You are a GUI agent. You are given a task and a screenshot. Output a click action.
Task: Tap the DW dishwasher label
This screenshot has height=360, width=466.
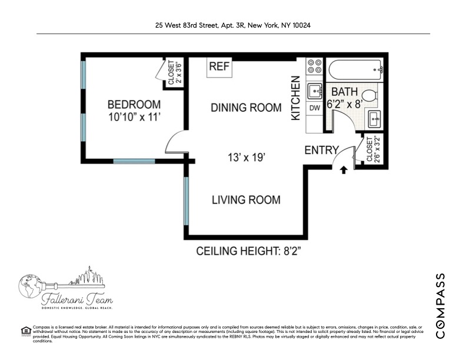pyautogui.click(x=314, y=108)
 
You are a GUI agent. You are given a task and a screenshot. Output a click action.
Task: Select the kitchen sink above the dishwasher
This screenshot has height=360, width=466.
pyautogui.click(x=314, y=90)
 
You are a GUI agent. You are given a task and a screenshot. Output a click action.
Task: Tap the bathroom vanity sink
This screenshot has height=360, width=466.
pyautogui.click(x=375, y=119)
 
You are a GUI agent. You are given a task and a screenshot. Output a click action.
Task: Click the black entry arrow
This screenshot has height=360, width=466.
pyautogui.click(x=344, y=169)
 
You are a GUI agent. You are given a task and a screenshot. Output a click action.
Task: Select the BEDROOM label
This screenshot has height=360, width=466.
pyautogui.click(x=134, y=105)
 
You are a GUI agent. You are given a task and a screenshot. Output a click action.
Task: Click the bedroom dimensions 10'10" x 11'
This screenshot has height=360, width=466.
pyautogui.click(x=135, y=117)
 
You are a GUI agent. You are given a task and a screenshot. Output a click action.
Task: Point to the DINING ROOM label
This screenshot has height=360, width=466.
pyautogui.click(x=247, y=108)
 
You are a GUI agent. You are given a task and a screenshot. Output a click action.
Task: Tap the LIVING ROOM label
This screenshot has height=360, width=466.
pyautogui.click(x=246, y=200)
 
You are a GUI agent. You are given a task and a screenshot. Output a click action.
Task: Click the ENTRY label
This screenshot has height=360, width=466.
pyautogui.click(x=321, y=151)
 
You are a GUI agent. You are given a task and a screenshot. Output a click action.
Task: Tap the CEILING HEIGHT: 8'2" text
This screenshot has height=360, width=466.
pyautogui.click(x=248, y=252)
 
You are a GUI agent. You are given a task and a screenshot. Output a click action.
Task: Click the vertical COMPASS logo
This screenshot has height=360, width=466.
pyautogui.click(x=441, y=305)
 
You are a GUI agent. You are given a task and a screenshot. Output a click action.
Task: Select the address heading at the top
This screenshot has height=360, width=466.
pyautogui.click(x=233, y=25)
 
